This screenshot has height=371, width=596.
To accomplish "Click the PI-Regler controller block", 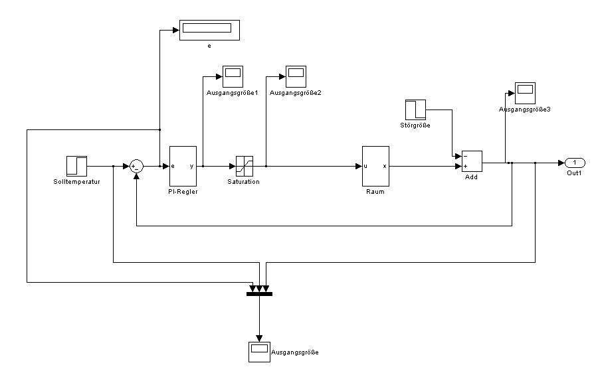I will [x=183, y=165].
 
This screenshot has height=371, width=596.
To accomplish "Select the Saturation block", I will [x=245, y=165].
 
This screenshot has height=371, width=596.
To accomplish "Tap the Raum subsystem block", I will [x=375, y=165].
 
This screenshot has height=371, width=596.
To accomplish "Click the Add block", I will [x=471, y=161].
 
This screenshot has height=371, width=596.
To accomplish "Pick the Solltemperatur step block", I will [x=76, y=165].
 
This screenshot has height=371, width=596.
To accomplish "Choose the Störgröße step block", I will [x=415, y=110].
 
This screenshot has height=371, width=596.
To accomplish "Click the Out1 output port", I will [x=575, y=162].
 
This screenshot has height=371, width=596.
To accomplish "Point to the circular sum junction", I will [x=136, y=165].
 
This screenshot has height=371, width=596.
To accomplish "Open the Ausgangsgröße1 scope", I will [x=233, y=76].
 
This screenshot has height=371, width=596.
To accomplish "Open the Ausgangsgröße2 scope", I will [x=296, y=76].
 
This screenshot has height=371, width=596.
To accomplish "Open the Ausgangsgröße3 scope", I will [x=525, y=92].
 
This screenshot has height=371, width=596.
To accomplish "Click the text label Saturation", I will [x=244, y=181].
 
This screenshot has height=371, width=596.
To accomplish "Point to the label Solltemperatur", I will [x=76, y=181].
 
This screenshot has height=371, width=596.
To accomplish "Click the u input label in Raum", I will [x=365, y=166].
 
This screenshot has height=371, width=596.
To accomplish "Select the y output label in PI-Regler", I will [x=192, y=166].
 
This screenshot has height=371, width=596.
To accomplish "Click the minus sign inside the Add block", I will [x=466, y=157].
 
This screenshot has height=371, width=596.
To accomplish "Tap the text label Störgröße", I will [x=415, y=125].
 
